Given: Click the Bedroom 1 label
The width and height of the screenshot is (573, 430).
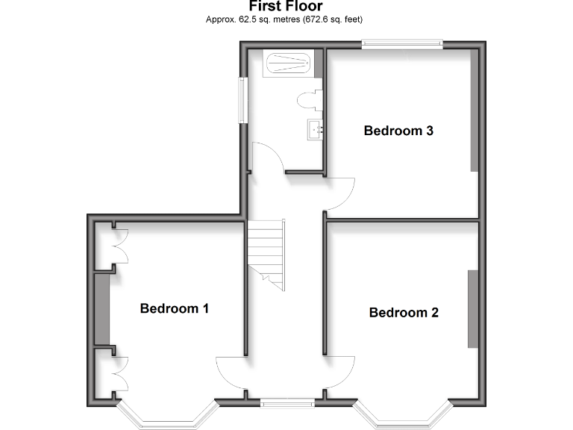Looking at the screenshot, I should (174, 308).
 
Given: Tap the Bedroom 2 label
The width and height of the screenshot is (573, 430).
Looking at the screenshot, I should (404, 312).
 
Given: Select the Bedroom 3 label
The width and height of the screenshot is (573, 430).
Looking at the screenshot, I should (398, 131).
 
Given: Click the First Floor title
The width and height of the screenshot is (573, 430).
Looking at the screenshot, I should (286, 7).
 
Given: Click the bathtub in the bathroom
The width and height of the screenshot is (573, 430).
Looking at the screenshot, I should (289, 63).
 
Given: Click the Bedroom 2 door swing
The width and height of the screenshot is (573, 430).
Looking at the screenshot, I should (339, 370).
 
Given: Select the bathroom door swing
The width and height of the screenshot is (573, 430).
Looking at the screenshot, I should (267, 158).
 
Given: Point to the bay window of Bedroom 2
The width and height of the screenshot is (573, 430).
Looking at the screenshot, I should (403, 418).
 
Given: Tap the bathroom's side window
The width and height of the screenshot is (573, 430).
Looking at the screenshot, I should (242, 98).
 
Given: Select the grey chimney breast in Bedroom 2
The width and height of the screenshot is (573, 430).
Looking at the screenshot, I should (472, 308).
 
